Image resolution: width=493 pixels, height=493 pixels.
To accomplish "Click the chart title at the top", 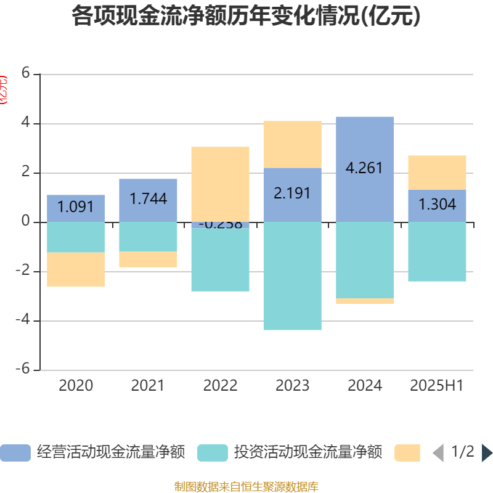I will click(x=246, y=17).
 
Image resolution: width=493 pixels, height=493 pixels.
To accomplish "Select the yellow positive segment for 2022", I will click(x=220, y=184).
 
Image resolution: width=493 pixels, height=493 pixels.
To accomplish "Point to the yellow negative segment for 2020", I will click(x=76, y=270).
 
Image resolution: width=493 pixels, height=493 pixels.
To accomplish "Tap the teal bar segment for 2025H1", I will click(x=437, y=251).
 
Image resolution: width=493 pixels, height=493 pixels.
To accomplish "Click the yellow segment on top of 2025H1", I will click(x=437, y=173).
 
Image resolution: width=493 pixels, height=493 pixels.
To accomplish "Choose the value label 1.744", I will click(x=148, y=198).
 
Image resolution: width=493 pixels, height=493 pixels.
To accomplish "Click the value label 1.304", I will click(x=437, y=204).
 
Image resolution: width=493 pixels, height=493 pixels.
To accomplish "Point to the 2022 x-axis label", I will click(x=220, y=386).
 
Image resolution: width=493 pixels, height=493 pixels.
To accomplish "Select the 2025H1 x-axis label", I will click(x=437, y=386).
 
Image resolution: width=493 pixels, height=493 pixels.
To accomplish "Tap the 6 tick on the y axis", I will click(x=25, y=73).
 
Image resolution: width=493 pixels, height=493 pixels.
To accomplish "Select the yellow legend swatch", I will click(x=407, y=453).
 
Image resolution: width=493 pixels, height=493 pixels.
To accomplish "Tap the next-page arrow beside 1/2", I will click(x=487, y=453).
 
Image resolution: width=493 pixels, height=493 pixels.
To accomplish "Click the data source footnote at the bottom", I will click(x=246, y=487).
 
